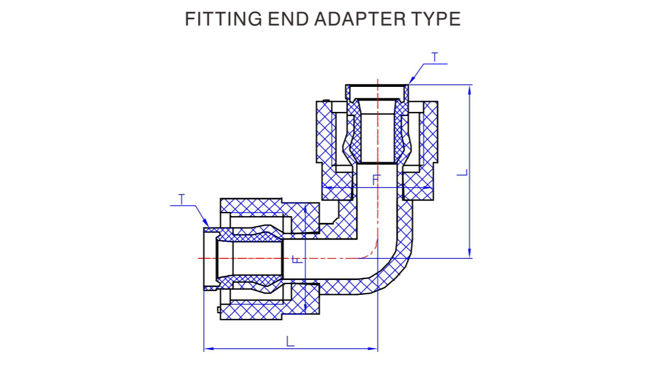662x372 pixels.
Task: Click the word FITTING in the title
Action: (x=223, y=19)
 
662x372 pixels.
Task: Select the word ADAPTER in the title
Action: (x=358, y=19)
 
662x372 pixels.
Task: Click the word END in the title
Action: (x=288, y=19)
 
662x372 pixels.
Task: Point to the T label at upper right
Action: (x=435, y=57)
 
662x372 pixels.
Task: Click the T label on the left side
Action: (x=181, y=199)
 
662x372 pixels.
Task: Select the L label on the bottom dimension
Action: (x=290, y=341)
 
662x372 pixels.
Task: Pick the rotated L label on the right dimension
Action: (x=463, y=173)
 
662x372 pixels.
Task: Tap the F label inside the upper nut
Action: (x=376, y=179)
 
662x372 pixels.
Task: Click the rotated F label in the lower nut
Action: (x=298, y=259)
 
